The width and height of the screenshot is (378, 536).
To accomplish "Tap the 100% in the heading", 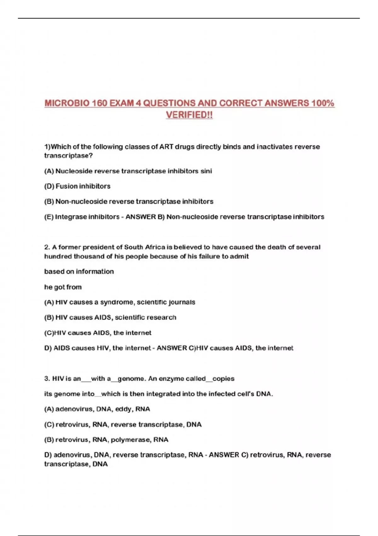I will [323, 103].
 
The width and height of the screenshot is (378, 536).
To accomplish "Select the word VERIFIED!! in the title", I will [189, 115].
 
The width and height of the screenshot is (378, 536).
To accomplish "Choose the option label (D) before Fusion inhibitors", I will [49, 186].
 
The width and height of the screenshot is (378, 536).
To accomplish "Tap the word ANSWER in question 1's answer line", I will [140, 217].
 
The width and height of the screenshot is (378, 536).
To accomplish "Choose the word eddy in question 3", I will [123, 409].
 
